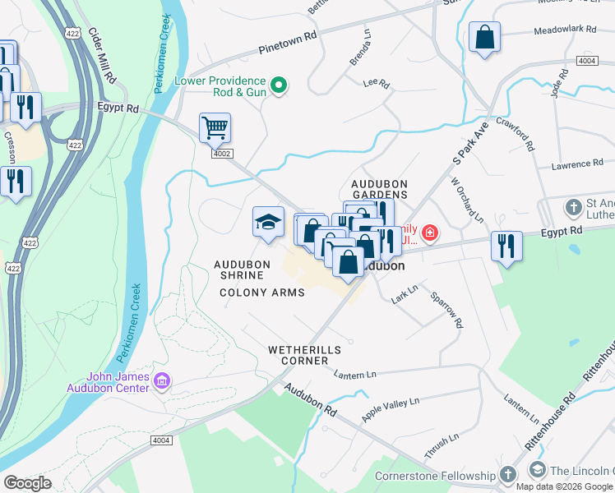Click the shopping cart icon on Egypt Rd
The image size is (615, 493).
click(x=215, y=128)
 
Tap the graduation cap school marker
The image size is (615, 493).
click(x=268, y=222)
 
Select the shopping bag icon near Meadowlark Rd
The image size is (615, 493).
click(x=485, y=37)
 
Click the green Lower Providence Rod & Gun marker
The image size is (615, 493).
click(x=279, y=85)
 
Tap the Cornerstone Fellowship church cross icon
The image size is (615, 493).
click(x=508, y=475)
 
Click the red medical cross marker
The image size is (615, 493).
click(x=428, y=235)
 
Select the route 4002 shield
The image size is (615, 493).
click(x=221, y=154)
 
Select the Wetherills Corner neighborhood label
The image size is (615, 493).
click(x=304, y=355)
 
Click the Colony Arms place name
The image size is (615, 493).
click(x=262, y=293)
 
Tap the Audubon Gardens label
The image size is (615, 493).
click(x=379, y=188)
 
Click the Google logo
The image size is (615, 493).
click(x=27, y=483)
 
